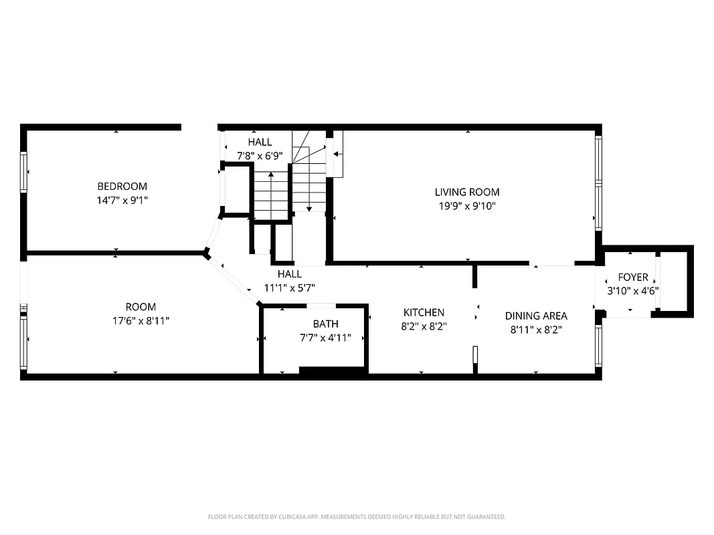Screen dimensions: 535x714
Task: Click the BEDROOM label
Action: (122, 186)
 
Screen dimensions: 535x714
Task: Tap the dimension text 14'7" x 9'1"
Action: (122, 199)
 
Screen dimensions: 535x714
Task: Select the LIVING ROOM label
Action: (467, 192)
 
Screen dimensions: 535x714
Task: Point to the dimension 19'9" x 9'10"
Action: (467, 206)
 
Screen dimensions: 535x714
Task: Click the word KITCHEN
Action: (424, 312)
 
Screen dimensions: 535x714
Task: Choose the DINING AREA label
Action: (536, 316)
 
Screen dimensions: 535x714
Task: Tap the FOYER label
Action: (632, 277)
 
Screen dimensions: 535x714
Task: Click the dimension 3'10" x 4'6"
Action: (632, 291)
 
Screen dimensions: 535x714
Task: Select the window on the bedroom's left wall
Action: (24, 173)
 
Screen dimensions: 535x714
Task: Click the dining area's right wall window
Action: (598, 346)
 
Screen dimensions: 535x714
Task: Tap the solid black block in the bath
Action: (332, 371)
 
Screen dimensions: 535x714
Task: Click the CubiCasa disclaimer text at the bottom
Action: (357, 516)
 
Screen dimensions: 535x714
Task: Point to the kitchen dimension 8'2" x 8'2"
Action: (424, 327)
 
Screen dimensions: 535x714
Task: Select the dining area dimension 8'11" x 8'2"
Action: (536, 330)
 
